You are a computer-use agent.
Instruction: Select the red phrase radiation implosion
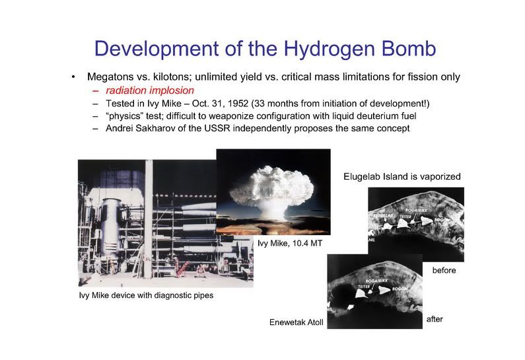pyautogui.click(x=150, y=90)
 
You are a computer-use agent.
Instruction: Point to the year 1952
pyautogui.click(x=238, y=104)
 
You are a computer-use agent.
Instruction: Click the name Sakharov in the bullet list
pyautogui.click(x=155, y=128)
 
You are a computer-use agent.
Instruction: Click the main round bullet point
pyautogui.click(x=73, y=77)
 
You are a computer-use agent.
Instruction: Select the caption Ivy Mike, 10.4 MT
pyautogui.click(x=290, y=243)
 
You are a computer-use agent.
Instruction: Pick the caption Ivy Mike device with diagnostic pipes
pyautogui.click(x=146, y=295)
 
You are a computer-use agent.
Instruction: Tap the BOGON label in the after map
pyautogui.click(x=400, y=289)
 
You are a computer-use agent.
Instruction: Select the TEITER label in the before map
pyautogui.click(x=405, y=217)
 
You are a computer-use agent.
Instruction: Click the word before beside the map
pyautogui.click(x=444, y=270)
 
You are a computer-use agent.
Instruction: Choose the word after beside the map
pyautogui.click(x=435, y=319)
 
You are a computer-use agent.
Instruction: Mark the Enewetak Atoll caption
pyautogui.click(x=297, y=322)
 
